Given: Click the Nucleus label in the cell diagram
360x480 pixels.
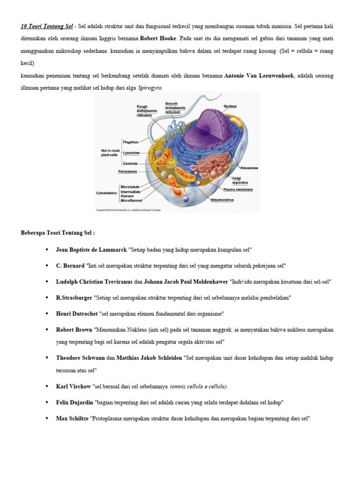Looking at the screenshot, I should [x=230, y=106].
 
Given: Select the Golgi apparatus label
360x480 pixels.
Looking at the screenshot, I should [x=240, y=180].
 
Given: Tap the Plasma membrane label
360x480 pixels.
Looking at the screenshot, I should [x=238, y=189].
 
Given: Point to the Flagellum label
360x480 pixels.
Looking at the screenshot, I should [x=131, y=141].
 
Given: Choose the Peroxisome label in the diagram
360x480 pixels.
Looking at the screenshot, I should [x=127, y=172].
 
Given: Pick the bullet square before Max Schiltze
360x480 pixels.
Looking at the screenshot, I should [x=47, y=418].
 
